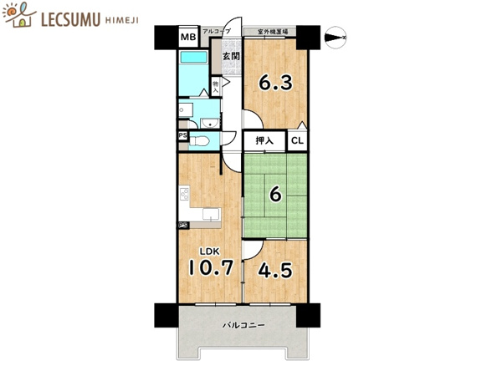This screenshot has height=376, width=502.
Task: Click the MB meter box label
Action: pos(188,37)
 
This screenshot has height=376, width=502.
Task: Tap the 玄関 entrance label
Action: pos(231,56)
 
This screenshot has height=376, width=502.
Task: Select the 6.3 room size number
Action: pos(275,83)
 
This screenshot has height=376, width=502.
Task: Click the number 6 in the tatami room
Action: pos(275,195)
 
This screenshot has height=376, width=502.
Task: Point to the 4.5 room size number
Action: pos(275,270)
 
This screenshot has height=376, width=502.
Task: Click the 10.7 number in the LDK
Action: pos(211,267)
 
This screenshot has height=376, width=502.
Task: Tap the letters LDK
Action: pos(210,252)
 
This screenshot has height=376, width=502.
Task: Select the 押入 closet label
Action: pos(264,140)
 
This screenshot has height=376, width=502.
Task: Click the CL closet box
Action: pos(297,140)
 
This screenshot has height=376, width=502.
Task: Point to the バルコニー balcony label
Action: pos(244,326)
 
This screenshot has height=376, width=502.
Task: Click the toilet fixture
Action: pos(199,140)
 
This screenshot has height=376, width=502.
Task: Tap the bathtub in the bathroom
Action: pos(194,58)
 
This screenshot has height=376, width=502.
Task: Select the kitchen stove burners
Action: pos(184,194)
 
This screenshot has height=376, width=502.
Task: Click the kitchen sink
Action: pos(212,214)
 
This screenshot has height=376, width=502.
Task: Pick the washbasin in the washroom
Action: pos(210,124)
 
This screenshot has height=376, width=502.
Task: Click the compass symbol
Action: pos(336,38)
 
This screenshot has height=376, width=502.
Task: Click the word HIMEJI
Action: pos(122,20)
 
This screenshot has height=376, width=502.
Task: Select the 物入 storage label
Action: pos(216,86)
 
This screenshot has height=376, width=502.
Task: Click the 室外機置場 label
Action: pos(273,32)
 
